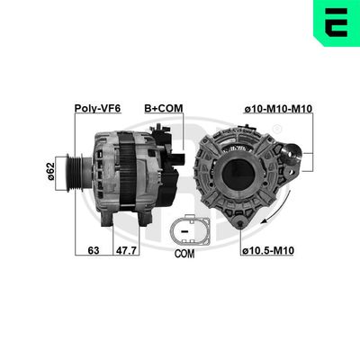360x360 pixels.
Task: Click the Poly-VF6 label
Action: pos(98,109)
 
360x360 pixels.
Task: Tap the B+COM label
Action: pos(163,109)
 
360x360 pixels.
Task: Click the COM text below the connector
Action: pos(184,254)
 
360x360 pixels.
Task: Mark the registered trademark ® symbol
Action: pos(277,129)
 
